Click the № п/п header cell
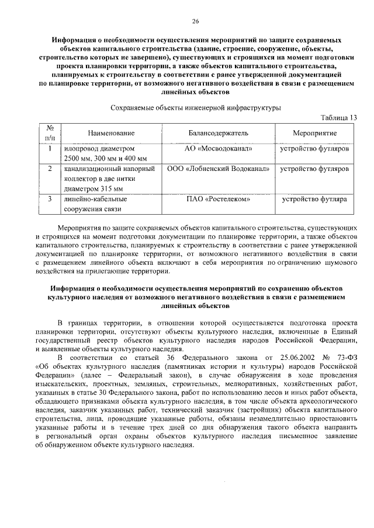50,134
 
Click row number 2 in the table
50,169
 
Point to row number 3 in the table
50,199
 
